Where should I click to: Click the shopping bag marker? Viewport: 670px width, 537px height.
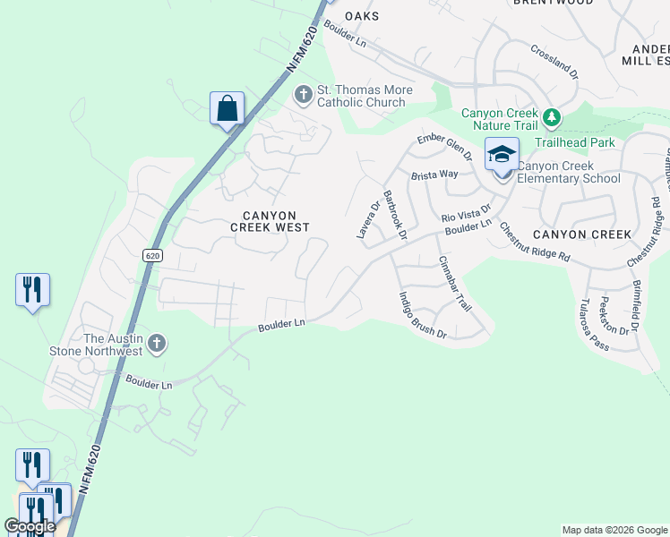coord(228,108)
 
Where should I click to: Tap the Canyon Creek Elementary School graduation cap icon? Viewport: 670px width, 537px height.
coord(502,155)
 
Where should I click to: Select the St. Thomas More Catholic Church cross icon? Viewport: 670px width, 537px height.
coord(304,93)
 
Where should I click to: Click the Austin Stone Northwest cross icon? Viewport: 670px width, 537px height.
coord(157,344)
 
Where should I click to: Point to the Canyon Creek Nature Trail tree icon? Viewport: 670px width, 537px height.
coord(553,116)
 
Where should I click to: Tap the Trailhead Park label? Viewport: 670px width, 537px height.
coord(575,142)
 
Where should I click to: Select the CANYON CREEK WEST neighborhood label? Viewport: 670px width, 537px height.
coord(270,221)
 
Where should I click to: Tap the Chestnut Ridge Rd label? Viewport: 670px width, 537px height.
coord(534,243)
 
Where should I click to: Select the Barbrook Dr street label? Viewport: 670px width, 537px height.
coord(395,215)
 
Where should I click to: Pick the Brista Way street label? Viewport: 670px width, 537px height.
coord(434,175)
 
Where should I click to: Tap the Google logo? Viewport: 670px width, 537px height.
coord(30,526)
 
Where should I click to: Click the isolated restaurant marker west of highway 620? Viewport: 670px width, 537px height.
coord(32,290)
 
